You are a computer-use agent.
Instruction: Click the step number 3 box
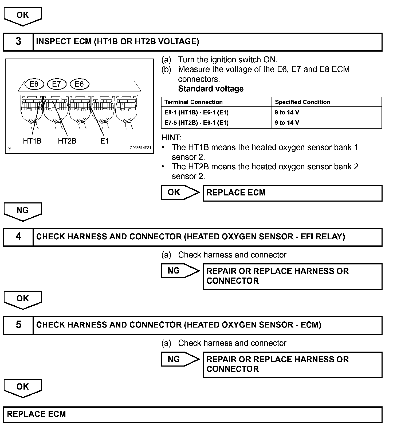pyautogui.click(x=18, y=42)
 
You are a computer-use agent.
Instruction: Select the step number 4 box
pyautogui.click(x=18, y=237)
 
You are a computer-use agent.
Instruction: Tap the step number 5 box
pyautogui.click(x=18, y=325)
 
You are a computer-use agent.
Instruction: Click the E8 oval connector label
pyautogui.click(x=34, y=84)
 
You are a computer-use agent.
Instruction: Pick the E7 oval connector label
pyautogui.click(x=57, y=84)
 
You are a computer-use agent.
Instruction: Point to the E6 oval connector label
pyautogui.click(x=79, y=84)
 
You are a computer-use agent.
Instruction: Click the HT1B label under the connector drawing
pyautogui.click(x=32, y=141)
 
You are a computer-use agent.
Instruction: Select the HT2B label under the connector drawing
pyautogui.click(x=67, y=141)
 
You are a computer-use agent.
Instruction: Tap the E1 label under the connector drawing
pyautogui.click(x=104, y=141)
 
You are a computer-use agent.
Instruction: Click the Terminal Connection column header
pyautogui.click(x=194, y=102)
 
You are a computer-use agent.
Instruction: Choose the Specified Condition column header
pyautogui.click(x=302, y=102)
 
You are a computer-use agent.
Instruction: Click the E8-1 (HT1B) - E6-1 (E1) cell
pyautogui.click(x=196, y=113)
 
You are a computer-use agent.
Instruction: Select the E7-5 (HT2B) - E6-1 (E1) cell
pyautogui.click(x=196, y=123)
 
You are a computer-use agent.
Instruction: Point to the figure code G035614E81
pyautogui.click(x=140, y=148)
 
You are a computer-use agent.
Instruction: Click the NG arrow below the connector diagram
pyautogui.click(x=23, y=211)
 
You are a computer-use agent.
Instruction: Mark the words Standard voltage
pyautogui.click(x=211, y=89)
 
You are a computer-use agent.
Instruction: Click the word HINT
pyautogui.click(x=171, y=138)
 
